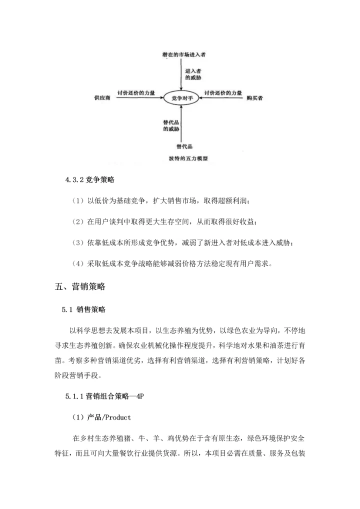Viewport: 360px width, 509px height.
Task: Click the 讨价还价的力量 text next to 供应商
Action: click(x=136, y=92)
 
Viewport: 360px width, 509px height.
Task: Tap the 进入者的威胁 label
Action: click(x=193, y=75)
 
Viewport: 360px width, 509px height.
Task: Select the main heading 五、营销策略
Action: click(x=80, y=287)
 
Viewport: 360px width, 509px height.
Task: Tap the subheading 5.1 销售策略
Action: click(x=84, y=309)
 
